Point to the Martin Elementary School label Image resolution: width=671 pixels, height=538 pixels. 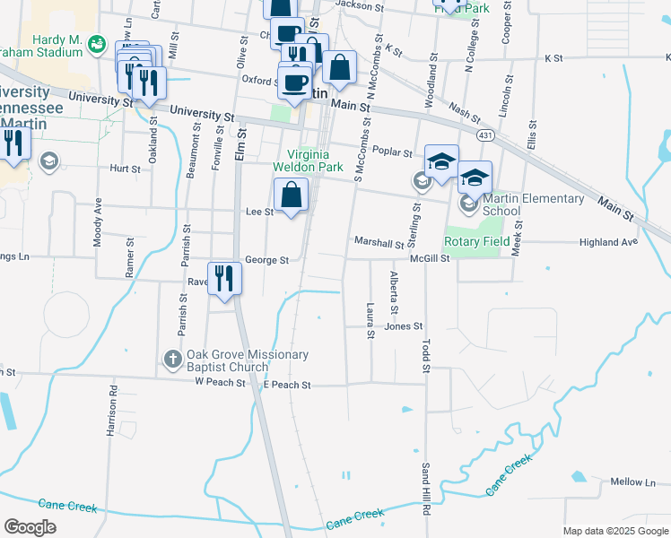point(533,204)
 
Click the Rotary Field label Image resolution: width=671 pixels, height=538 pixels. point(476,241)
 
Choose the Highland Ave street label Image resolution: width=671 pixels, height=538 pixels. point(608,242)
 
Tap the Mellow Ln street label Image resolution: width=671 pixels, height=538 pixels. point(633,482)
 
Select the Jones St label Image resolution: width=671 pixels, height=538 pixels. point(403,326)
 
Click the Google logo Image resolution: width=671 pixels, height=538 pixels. point(30,526)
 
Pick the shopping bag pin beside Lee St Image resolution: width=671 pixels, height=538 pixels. point(292,195)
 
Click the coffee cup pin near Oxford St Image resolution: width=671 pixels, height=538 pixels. point(294,82)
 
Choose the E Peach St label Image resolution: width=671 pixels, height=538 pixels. point(286,384)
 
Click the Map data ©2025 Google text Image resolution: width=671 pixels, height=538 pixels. point(614,531)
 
